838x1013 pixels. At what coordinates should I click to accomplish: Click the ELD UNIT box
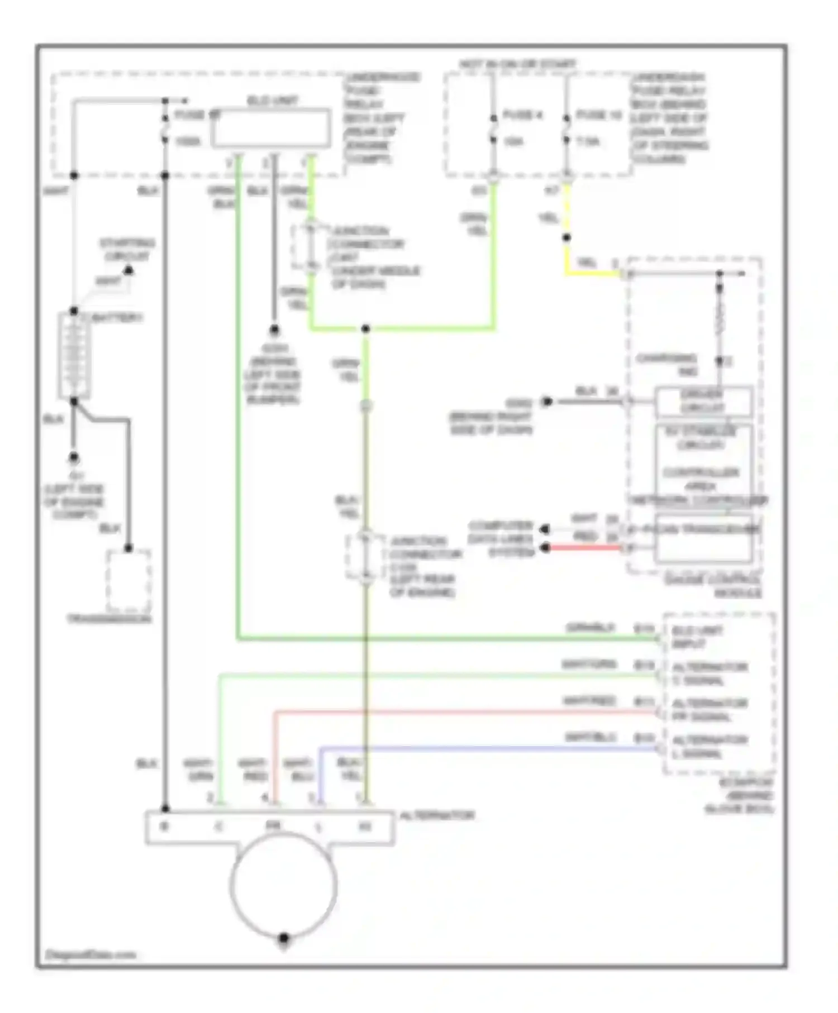click(270, 128)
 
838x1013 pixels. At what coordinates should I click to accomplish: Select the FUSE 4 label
click(523, 115)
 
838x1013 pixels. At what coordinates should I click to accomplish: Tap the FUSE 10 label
click(598, 115)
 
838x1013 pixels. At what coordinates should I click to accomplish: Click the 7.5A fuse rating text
click(588, 142)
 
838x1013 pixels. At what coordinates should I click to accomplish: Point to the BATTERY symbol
click(74, 355)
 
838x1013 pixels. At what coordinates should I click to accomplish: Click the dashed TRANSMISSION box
click(128, 581)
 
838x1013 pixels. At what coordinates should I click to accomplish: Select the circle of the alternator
click(283, 886)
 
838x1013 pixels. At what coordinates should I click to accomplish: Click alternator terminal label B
click(164, 826)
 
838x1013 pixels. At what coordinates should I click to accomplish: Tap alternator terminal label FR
click(273, 825)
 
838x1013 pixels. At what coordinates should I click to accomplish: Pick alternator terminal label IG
click(365, 826)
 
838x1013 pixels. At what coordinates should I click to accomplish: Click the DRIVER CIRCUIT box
click(703, 402)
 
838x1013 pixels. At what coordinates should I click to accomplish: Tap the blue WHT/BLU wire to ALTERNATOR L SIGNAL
click(486, 748)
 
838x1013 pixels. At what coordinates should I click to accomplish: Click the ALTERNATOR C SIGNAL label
click(708, 674)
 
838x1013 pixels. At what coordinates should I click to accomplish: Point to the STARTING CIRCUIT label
click(127, 250)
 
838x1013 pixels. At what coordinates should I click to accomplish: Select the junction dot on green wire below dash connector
click(365, 329)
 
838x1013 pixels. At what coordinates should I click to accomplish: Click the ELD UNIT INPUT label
click(696, 637)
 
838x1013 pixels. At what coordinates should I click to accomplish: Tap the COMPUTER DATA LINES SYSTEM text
click(500, 539)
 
